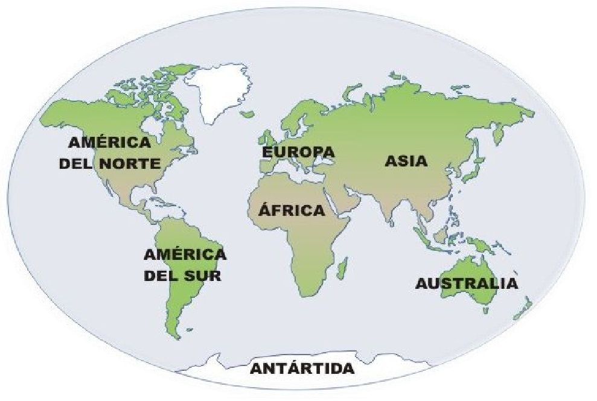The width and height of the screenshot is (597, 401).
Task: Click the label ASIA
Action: [x=406, y=161]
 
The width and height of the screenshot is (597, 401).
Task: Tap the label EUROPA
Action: [x=298, y=151]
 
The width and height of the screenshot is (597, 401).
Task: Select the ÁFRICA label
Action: [x=292, y=211]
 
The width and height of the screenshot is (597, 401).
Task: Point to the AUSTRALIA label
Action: [x=467, y=284]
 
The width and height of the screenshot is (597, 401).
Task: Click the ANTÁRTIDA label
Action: [x=302, y=368]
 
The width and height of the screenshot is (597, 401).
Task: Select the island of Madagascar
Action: [x=342, y=266]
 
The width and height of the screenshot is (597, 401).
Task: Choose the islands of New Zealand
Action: [x=523, y=308]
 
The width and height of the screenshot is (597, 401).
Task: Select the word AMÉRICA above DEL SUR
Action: [x=185, y=254]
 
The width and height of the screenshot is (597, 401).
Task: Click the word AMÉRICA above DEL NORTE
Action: [x=109, y=144]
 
